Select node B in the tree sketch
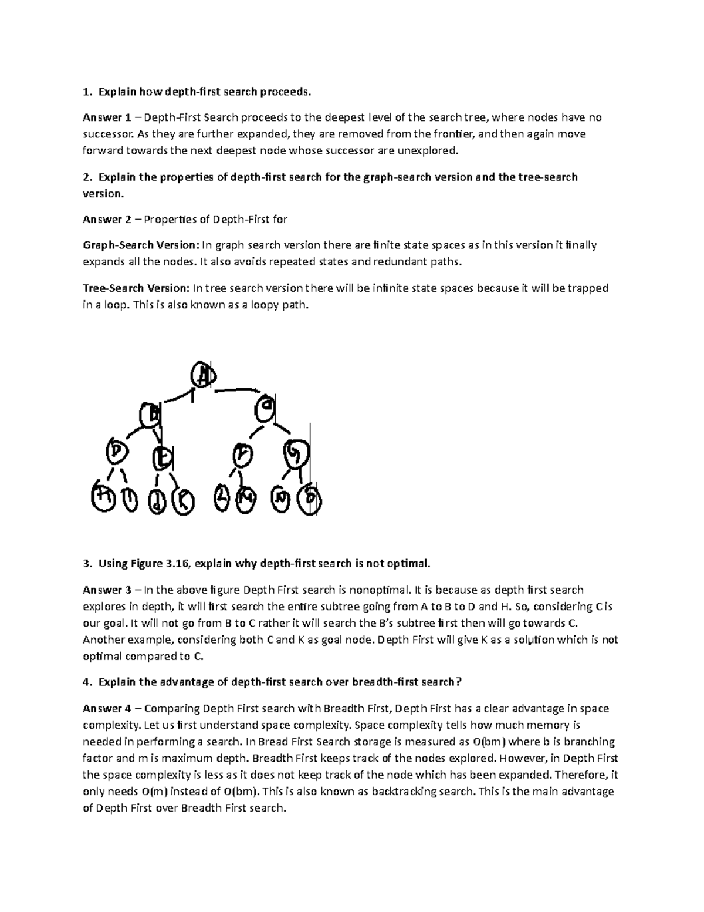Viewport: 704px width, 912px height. click(x=151, y=415)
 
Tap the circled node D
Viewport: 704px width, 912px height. click(x=117, y=452)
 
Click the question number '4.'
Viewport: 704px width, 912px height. click(x=87, y=682)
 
